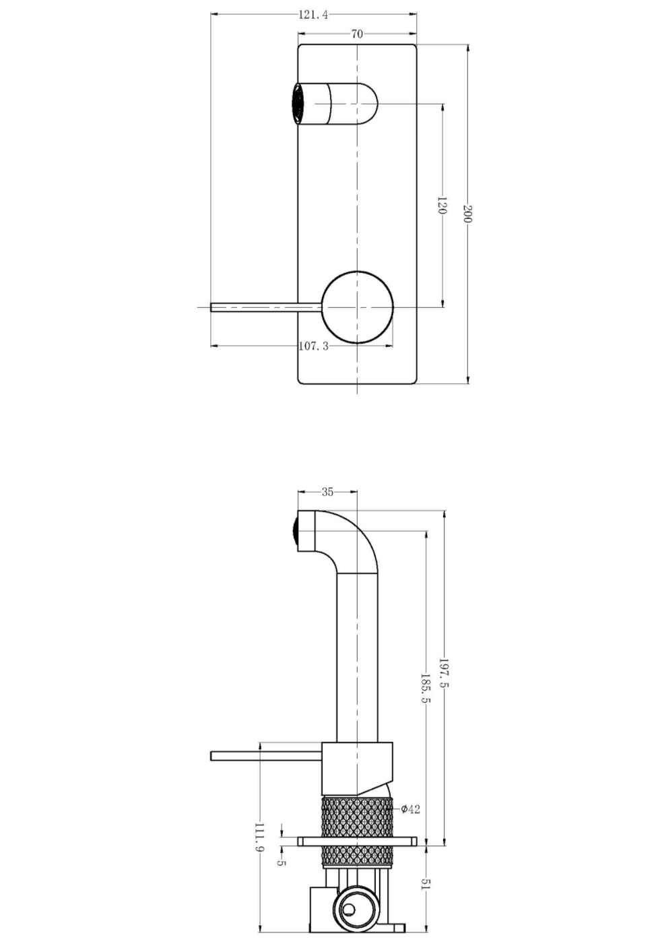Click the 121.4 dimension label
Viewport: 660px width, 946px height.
click(314, 15)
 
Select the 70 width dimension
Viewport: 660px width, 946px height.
click(357, 34)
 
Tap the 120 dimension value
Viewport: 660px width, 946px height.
click(442, 206)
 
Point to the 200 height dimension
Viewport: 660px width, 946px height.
click(468, 214)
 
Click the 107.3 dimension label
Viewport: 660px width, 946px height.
click(314, 346)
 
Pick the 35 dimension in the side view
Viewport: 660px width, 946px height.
click(327, 492)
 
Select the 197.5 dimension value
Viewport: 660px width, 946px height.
click(444, 673)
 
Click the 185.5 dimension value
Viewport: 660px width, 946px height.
click(426, 688)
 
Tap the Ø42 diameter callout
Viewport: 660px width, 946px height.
click(410, 809)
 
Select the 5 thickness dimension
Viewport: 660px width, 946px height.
click(282, 863)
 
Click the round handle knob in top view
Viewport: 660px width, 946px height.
click(357, 307)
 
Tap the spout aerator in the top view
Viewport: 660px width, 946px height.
click(297, 104)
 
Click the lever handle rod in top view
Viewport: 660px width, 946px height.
click(266, 307)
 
